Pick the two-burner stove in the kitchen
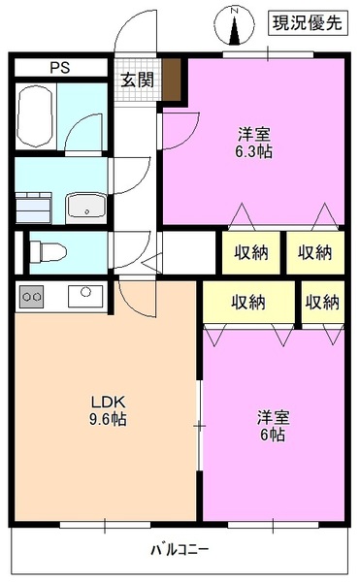tap(32, 296)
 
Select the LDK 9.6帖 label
tap(108, 411)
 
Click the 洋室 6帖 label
tap(272, 426)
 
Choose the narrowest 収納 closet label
tap(322, 302)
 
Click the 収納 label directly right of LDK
tap(248, 302)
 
